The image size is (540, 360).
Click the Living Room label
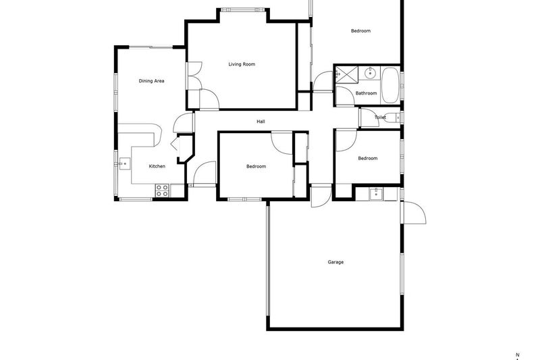pos(241,65)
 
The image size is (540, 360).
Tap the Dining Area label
pos(151,81)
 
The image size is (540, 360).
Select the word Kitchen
pos(157,166)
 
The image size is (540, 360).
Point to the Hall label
pos(261,122)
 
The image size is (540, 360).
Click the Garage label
pos(335,262)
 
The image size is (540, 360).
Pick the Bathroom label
pos(366,93)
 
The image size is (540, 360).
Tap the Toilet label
pos(380,118)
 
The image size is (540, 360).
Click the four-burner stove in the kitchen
pos(162,190)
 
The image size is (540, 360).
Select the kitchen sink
pos(125,163)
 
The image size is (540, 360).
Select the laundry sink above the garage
pos(375,195)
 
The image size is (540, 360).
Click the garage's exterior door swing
pos(414,213)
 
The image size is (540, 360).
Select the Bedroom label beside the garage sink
pos(367,159)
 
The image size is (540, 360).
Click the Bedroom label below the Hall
pos(256,167)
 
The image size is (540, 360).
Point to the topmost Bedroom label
pos(360,30)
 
